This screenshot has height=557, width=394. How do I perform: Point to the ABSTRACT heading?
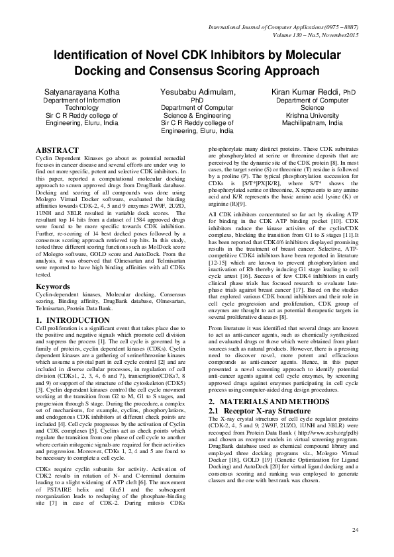57,151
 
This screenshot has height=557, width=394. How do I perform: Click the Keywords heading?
52,286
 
